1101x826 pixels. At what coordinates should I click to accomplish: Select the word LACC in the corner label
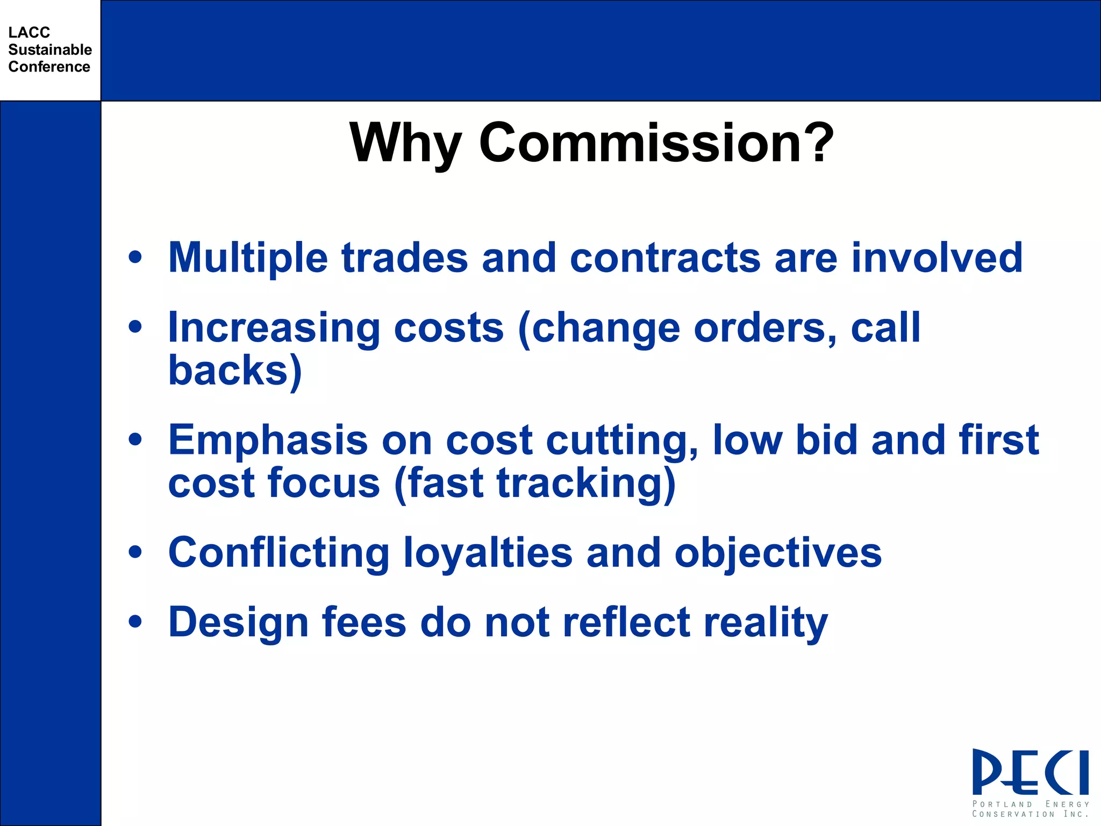[29, 32]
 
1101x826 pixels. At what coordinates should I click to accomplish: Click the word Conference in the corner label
[49, 67]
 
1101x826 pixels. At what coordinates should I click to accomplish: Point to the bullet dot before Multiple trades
[135, 257]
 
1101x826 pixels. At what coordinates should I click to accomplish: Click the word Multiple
[248, 258]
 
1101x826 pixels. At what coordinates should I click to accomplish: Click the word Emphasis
[268, 440]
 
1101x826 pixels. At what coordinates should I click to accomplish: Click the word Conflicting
[279, 553]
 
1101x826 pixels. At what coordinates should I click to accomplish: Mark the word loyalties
[488, 553]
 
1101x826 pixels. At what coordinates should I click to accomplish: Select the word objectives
[778, 553]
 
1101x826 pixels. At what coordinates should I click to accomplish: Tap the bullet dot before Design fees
[135, 622]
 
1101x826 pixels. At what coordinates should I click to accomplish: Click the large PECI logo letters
[1030, 773]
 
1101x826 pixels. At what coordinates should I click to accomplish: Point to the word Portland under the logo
[1002, 804]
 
